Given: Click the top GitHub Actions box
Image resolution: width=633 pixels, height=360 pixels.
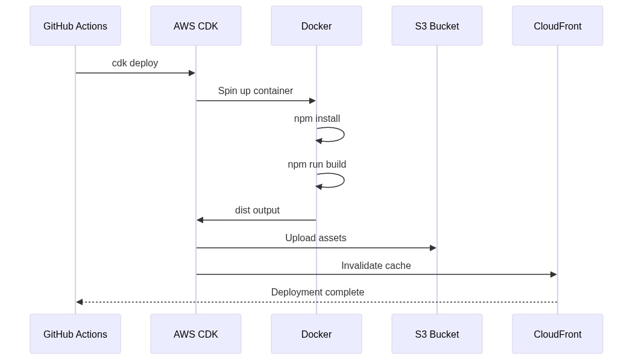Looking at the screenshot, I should [75, 26].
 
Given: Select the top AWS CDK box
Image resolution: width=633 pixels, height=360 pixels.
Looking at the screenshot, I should [196, 26].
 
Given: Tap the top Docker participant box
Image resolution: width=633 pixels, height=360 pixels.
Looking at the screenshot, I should [316, 26].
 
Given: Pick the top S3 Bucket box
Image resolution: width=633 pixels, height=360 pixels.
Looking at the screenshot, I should [437, 26].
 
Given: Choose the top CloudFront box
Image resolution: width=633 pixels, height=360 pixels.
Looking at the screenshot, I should [558, 26].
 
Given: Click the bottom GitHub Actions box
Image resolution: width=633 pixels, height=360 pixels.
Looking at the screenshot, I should [75, 334].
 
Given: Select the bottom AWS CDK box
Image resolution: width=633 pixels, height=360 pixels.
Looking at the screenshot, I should [196, 334].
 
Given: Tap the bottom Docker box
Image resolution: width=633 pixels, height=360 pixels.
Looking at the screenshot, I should [316, 334].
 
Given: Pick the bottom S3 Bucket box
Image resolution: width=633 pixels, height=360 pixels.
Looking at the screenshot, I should [437, 334].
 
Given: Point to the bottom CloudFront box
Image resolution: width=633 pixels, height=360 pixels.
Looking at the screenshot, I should [558, 334].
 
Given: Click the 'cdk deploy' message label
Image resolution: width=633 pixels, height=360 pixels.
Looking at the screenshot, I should [135, 63].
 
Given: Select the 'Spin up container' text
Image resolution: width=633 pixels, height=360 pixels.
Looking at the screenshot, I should [256, 91].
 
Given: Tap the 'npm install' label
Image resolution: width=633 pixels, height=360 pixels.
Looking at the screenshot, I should [317, 119].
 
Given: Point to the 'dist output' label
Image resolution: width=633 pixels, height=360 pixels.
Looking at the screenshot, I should [257, 210].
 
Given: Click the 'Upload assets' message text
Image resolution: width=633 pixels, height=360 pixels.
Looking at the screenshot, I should [316, 238].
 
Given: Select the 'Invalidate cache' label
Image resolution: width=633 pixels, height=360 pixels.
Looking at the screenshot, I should [376, 266].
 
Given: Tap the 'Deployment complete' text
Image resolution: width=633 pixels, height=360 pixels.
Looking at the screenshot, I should [318, 292].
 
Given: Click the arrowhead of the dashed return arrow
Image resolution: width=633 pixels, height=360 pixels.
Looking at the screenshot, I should [80, 302].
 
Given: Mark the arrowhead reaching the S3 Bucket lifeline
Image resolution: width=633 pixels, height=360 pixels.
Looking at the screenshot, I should [433, 248].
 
